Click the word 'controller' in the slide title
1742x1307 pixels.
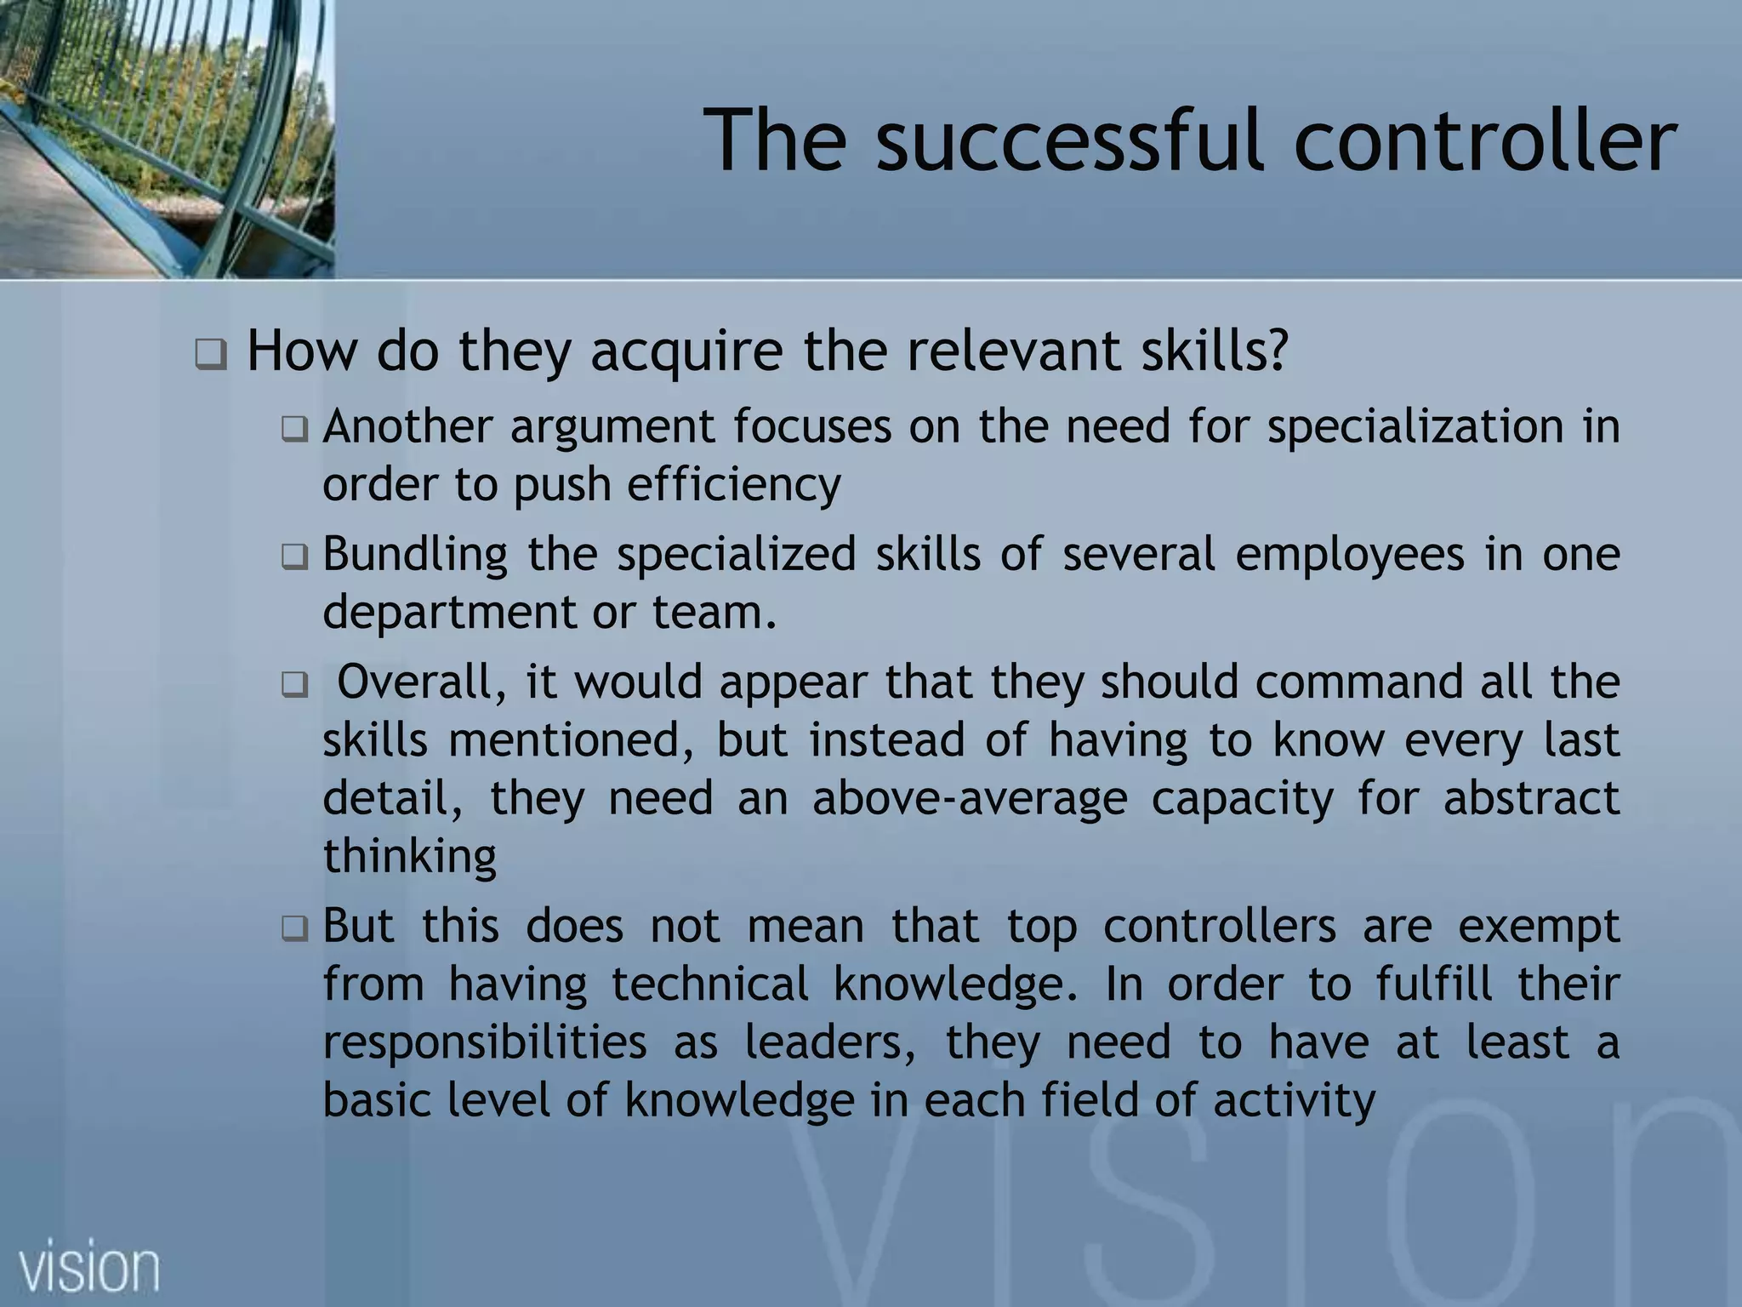(x=1484, y=140)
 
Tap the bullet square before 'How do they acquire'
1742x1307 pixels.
(x=210, y=353)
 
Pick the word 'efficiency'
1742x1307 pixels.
(x=733, y=486)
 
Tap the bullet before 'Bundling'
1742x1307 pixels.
(x=294, y=557)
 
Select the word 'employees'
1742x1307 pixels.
(x=1350, y=556)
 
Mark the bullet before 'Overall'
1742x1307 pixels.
(x=294, y=684)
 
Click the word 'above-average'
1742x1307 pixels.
(x=970, y=798)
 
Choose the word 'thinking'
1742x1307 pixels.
(x=409, y=856)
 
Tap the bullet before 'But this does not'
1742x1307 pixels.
(x=294, y=928)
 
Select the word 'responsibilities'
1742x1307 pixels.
(x=485, y=1043)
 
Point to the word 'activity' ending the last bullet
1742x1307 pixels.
(x=1294, y=1101)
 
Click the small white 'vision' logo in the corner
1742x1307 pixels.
(x=89, y=1268)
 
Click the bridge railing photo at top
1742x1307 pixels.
(x=167, y=138)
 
